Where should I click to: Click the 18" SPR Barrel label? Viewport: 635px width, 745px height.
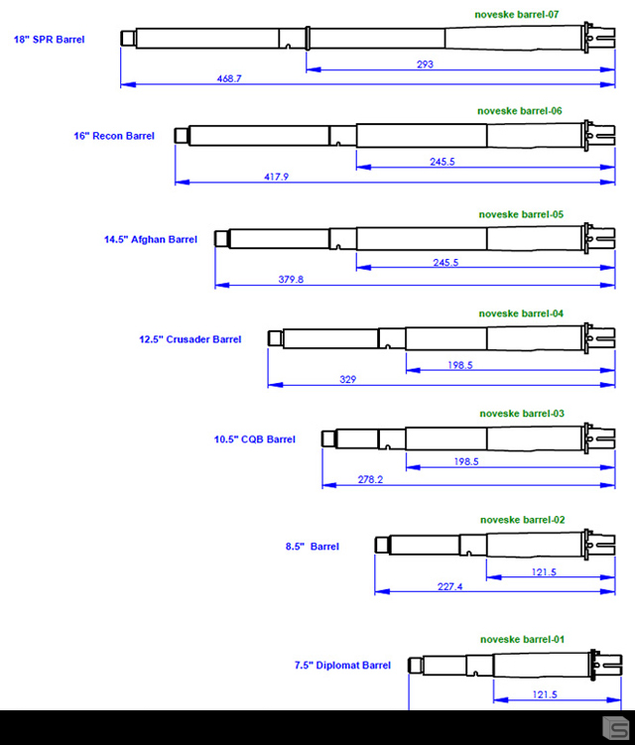pyautogui.click(x=49, y=40)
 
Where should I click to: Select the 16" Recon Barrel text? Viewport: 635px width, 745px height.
pyautogui.click(x=114, y=136)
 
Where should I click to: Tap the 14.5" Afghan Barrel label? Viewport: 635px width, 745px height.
pyautogui.click(x=151, y=239)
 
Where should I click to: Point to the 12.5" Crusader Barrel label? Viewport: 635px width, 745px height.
pyautogui.click(x=190, y=339)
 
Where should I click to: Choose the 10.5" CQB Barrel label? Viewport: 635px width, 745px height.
pyautogui.click(x=254, y=439)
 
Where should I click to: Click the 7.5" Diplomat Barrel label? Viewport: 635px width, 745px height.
pyautogui.click(x=342, y=666)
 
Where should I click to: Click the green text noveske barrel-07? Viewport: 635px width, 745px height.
pyautogui.click(x=517, y=15)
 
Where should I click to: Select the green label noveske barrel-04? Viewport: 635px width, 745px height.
pyautogui.click(x=521, y=313)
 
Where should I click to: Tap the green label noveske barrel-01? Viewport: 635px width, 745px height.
pyautogui.click(x=522, y=640)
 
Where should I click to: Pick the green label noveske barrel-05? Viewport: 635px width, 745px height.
pyautogui.click(x=521, y=214)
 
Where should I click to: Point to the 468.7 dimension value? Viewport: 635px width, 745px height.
pyautogui.click(x=228, y=78)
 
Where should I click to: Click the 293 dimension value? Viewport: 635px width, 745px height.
pyautogui.click(x=426, y=64)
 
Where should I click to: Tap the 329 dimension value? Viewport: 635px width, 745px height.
pyautogui.click(x=348, y=380)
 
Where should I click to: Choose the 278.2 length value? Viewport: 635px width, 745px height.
pyautogui.click(x=371, y=480)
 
